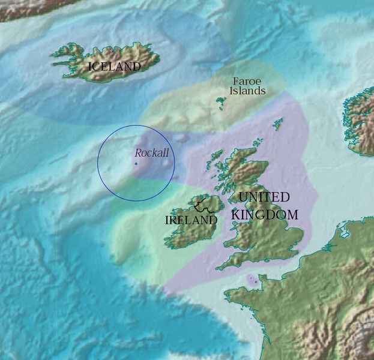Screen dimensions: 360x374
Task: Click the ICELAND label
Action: click(x=114, y=67)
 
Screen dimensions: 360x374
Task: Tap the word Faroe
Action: click(x=246, y=81)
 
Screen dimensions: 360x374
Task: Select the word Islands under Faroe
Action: click(x=247, y=91)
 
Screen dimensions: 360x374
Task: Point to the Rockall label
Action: click(x=151, y=153)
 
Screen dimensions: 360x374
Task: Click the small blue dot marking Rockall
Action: click(x=136, y=164)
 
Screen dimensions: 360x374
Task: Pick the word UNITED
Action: click(x=264, y=197)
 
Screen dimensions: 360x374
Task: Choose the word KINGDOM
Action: click(x=265, y=214)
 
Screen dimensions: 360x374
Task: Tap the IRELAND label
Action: click(x=191, y=220)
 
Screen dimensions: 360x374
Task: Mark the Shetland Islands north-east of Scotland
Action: click(x=278, y=124)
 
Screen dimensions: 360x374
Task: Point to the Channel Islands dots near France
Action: click(x=253, y=280)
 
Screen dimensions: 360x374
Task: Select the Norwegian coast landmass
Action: click(x=360, y=120)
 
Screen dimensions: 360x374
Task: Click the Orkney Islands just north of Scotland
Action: click(x=257, y=144)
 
